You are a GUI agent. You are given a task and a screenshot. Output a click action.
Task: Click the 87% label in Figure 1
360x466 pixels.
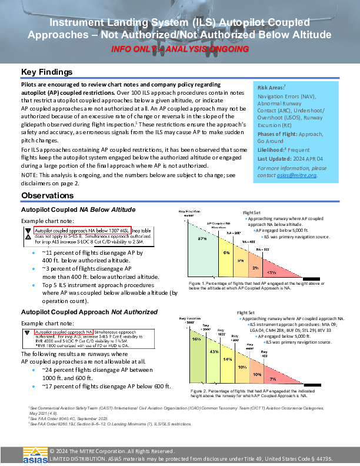[x=202, y=239]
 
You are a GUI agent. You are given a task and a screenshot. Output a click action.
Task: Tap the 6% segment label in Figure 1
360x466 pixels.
[x=226, y=252]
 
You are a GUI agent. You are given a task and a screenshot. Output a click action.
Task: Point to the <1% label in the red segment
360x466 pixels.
[x=272, y=272]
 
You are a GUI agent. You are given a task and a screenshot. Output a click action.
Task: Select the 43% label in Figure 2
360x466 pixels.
[x=214, y=351]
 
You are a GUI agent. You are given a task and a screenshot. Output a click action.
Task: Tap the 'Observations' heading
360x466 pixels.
[x=49, y=195]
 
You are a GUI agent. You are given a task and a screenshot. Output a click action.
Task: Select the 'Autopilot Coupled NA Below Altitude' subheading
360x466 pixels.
[x=78, y=209]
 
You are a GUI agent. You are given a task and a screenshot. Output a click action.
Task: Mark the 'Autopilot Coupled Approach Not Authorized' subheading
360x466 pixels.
[x=89, y=311]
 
